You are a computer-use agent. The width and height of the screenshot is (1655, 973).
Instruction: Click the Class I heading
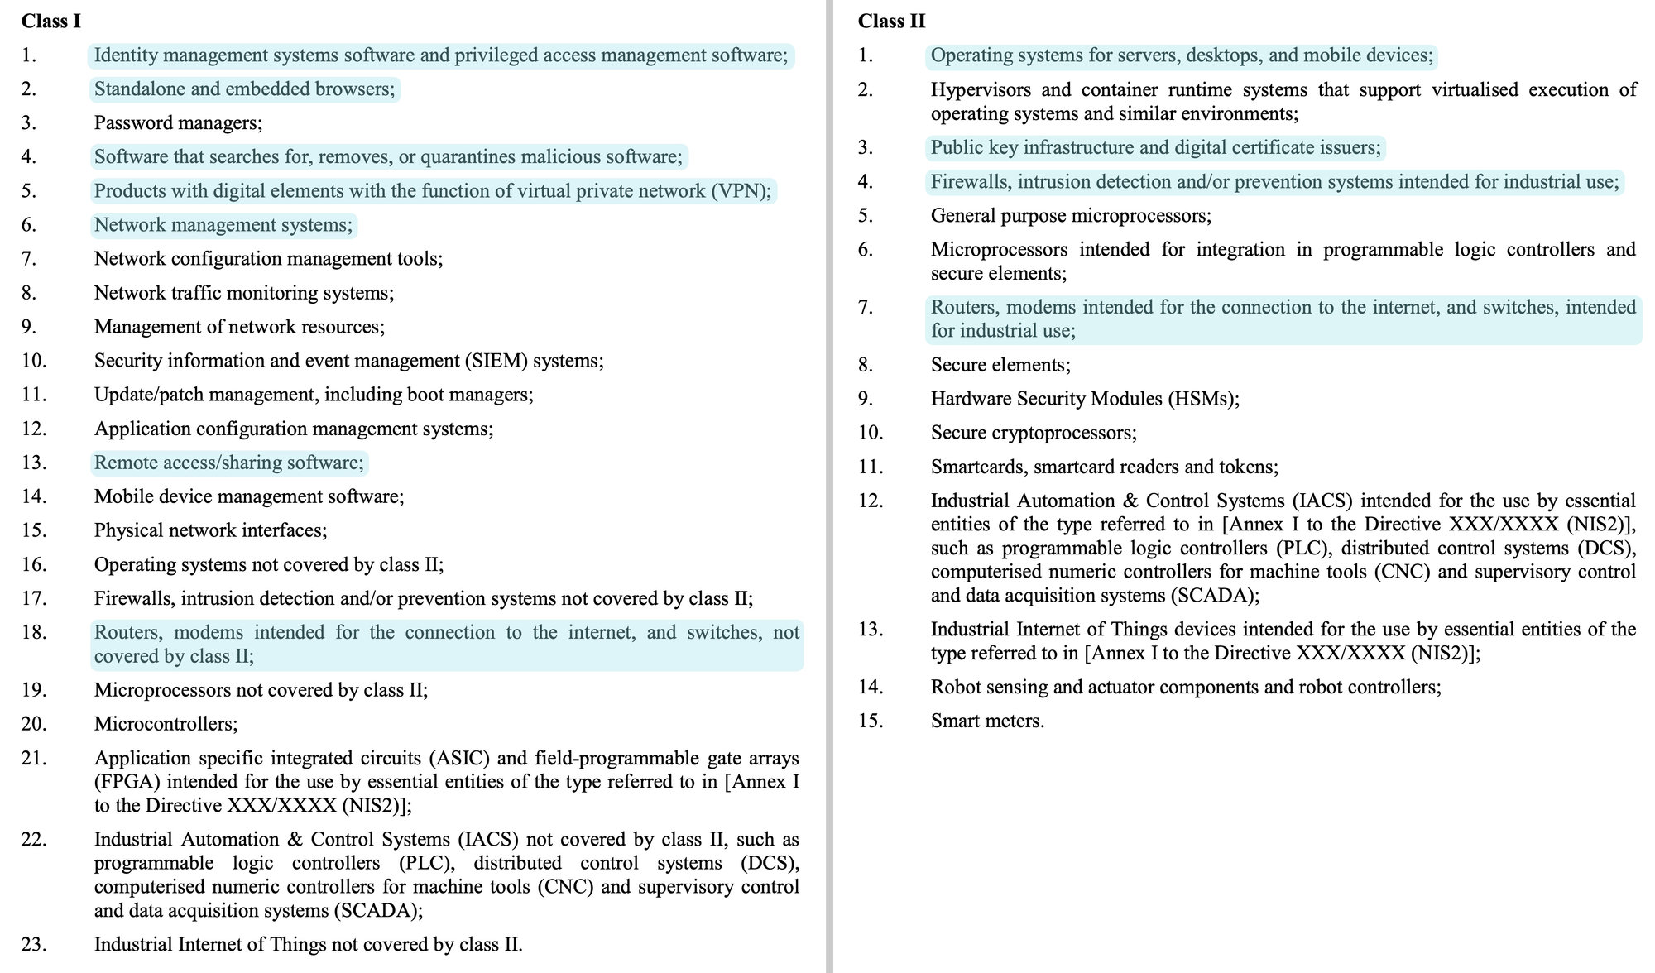51,22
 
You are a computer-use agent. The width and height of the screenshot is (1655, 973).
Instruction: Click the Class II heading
891,22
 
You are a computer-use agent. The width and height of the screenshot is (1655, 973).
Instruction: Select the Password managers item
178,123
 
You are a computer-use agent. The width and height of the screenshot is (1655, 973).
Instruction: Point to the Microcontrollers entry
165,724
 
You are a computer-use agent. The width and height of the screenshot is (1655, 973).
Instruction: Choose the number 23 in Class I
34,945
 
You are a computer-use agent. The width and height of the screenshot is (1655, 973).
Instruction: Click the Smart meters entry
987,721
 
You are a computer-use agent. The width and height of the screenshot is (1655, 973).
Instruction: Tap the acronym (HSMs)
1203,399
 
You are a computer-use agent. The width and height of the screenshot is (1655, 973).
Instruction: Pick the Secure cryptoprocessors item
1034,433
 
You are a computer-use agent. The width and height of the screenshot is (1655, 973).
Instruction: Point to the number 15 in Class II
871,721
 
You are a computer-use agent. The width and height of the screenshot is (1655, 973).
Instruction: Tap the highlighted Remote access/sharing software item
228,463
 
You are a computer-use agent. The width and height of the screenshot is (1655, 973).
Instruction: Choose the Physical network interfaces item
210,530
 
